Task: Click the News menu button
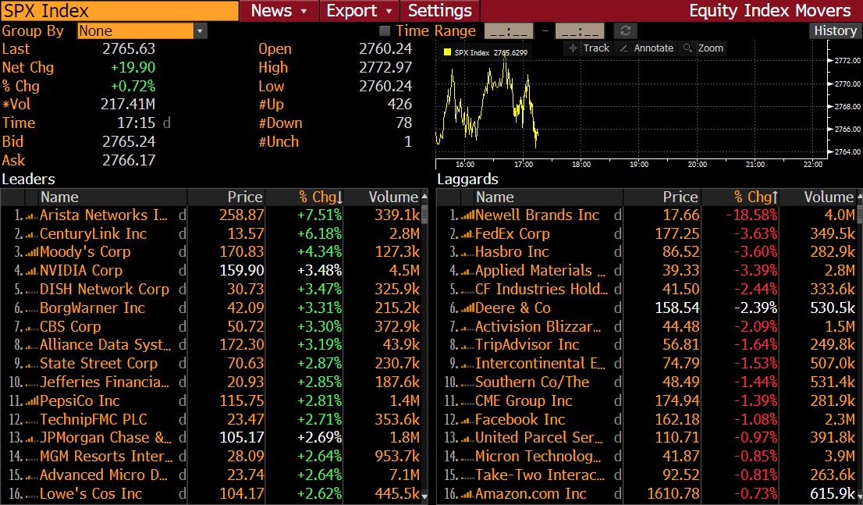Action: tap(279, 11)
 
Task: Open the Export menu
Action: tap(359, 11)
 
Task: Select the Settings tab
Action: tap(440, 11)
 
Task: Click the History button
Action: tap(835, 30)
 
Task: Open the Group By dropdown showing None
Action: tap(142, 31)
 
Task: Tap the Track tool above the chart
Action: tap(589, 48)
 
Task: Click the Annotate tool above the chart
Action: tap(646, 48)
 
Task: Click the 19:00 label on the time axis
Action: tap(639, 165)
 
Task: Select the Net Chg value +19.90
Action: tap(133, 68)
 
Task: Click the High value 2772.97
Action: tap(385, 68)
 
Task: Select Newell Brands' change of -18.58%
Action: tap(752, 215)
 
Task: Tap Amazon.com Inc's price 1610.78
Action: tap(672, 494)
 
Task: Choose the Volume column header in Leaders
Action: tap(392, 197)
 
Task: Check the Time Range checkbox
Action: tap(384, 31)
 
